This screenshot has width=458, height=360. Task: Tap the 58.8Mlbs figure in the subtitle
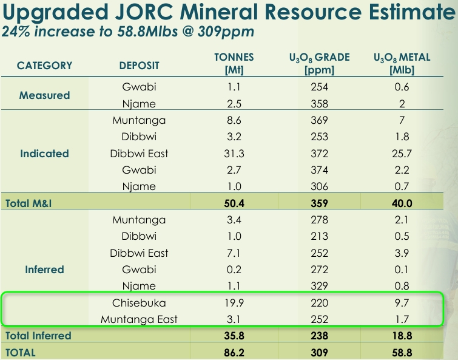147,32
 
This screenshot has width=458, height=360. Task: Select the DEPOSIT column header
139,66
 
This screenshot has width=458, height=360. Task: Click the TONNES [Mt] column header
234,63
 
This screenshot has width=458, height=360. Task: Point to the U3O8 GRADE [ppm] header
319,64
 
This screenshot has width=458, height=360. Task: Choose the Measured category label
44,95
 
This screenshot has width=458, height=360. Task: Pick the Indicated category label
44,154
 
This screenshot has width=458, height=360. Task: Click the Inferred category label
44,270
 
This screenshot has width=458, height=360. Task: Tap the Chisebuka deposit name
139,303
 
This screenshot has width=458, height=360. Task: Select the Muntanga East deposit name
139,319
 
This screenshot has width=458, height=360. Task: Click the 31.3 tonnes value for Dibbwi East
234,154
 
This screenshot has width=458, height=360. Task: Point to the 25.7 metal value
402,154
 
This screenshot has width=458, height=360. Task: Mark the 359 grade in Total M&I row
319,203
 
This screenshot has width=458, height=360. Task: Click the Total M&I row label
29,203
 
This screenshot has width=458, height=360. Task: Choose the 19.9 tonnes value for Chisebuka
234,303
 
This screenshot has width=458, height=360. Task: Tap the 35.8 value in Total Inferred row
234,336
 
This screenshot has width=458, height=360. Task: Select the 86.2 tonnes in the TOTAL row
234,353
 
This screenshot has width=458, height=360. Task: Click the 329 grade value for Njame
319,286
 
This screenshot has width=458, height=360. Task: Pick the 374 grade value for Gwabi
319,170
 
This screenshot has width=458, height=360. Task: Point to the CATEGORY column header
44,66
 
